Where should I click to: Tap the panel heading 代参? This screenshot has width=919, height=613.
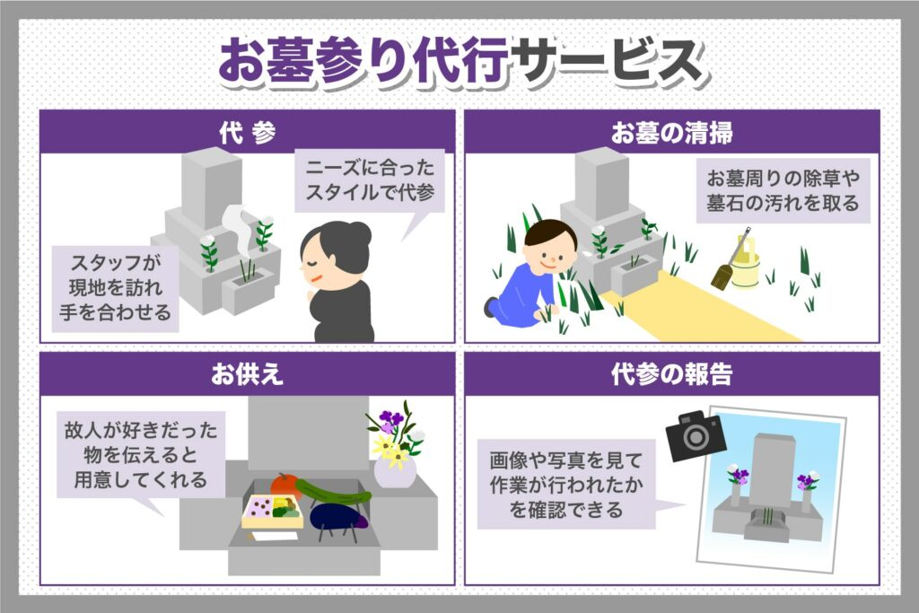click(x=248, y=134)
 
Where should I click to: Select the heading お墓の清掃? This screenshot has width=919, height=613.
click(x=671, y=134)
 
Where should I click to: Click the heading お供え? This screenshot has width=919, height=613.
click(x=248, y=374)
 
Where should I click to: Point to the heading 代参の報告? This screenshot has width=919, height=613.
click(x=671, y=374)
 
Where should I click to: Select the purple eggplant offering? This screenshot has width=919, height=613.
click(x=337, y=516)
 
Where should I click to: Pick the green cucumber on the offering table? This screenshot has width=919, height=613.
click(x=332, y=491)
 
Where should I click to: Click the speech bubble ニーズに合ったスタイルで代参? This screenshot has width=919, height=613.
click(x=370, y=180)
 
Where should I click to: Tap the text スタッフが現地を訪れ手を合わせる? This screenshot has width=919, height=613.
click(x=116, y=288)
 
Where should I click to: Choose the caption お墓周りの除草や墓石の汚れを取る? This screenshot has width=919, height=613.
click(x=783, y=190)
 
